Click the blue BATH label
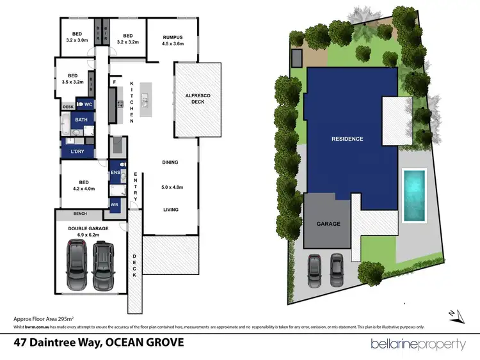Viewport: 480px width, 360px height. tap(81, 120)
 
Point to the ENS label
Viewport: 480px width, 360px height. tap(115, 173)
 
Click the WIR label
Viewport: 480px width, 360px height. tap(115, 205)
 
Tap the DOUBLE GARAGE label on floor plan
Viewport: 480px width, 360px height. tap(90, 228)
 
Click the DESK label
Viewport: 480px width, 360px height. tap(68, 107)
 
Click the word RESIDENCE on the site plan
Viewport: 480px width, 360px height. tap(347, 139)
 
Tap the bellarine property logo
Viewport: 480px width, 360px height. tap(418, 343)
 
